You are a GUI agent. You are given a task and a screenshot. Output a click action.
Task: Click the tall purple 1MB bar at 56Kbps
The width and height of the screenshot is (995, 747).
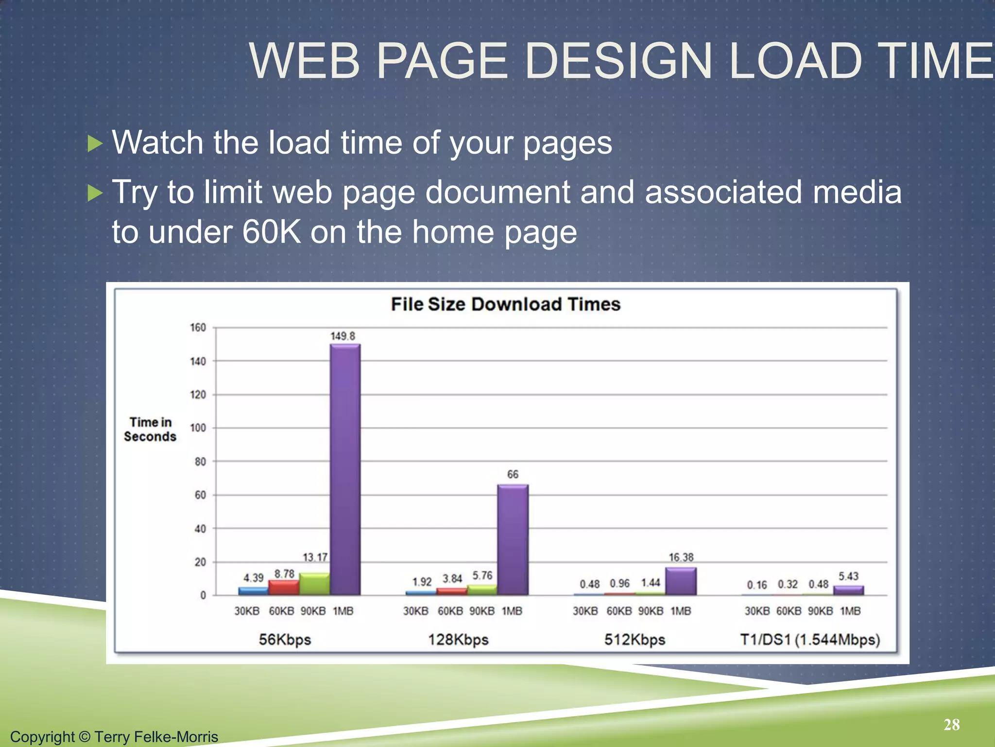(345, 469)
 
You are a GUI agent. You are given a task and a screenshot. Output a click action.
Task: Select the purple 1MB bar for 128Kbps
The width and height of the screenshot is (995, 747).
(513, 540)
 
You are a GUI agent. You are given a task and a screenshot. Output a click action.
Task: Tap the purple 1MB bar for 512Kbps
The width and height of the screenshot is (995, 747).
(681, 581)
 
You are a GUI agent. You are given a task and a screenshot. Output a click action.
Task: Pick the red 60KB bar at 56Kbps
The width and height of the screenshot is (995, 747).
(284, 587)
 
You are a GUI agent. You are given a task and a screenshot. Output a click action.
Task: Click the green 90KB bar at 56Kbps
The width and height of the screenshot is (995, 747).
(314, 584)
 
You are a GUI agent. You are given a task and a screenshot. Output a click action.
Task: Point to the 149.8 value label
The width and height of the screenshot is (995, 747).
(343, 336)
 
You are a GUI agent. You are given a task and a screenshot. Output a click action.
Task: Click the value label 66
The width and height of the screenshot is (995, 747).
(513, 474)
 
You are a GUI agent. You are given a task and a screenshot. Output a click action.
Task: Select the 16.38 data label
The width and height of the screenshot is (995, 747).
(681, 557)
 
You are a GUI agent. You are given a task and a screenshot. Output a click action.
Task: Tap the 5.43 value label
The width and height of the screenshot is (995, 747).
(848, 576)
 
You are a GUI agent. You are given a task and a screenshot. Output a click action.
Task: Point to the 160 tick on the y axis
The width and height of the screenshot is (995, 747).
(198, 327)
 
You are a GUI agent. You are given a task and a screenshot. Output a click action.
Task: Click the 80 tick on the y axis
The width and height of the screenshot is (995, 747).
(200, 462)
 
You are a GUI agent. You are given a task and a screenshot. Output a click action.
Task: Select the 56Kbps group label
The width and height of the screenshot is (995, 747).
(285, 639)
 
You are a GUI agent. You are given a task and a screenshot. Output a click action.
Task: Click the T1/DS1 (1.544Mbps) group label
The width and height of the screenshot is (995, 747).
(810, 639)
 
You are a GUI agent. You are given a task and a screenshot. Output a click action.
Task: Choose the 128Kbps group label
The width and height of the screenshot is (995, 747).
(458, 639)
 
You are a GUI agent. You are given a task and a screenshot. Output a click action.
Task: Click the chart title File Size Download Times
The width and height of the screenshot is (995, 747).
(505, 304)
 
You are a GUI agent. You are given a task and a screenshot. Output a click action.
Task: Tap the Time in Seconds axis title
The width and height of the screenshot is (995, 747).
(150, 429)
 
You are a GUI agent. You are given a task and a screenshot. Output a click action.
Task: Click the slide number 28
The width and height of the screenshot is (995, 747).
(951, 725)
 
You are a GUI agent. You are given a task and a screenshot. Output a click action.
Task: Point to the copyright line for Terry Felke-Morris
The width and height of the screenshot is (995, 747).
(114, 736)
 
